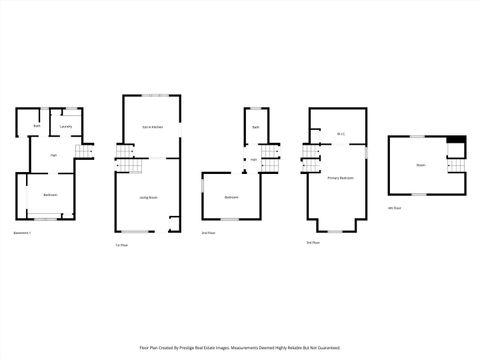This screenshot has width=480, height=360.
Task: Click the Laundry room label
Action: tap(65, 127)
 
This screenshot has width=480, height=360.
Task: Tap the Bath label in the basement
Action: tap(37, 127)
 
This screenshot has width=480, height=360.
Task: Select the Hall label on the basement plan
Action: tap(53, 155)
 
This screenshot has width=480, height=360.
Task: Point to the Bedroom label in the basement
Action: tap(50, 194)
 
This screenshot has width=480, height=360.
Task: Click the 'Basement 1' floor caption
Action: tap(23, 233)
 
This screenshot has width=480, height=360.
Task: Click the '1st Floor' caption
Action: tap(123, 245)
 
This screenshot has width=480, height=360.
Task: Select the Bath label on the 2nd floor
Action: tap(256, 127)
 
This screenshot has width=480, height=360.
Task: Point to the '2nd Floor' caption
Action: tap(208, 233)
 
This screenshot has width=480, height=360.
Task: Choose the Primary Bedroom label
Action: tap(341, 177)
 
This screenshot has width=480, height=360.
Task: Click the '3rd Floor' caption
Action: tap(314, 243)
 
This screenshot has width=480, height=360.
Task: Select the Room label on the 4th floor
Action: tap(421, 165)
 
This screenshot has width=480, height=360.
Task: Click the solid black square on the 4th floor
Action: tap(456, 140)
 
